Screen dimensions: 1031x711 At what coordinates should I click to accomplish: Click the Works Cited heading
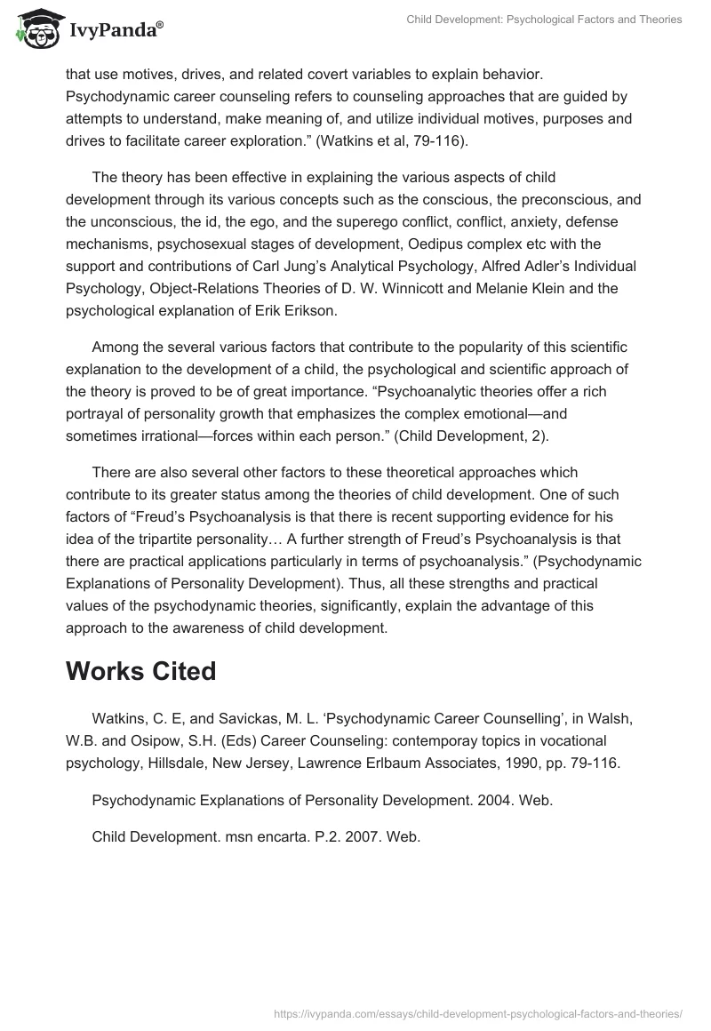tap(140, 671)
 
